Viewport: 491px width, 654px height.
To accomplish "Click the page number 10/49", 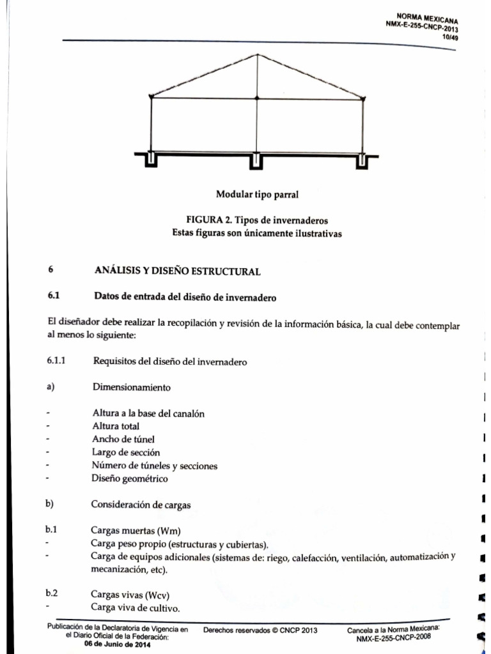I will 451,36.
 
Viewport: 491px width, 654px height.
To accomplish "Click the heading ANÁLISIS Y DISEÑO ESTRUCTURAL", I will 177,271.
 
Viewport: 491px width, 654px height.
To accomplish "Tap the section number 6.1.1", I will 57,361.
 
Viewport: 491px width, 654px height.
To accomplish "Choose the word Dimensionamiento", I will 132,387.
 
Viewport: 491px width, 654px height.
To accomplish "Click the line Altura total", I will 116,426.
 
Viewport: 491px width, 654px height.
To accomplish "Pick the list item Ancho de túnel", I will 123,439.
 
